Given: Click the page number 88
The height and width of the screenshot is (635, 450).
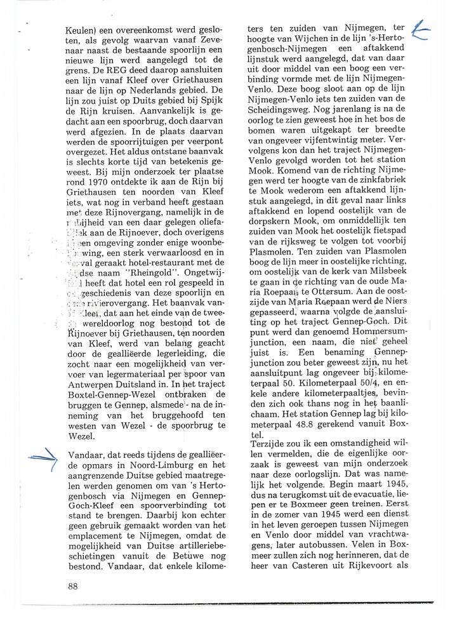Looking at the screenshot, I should tap(72, 586).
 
